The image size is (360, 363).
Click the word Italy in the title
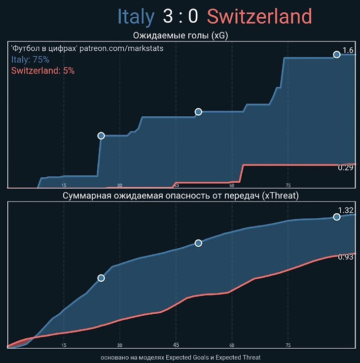136,17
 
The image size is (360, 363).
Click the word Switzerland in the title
260,17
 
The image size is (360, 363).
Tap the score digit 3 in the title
168,17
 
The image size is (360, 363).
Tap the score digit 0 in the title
193,17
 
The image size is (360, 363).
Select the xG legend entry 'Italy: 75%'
30,60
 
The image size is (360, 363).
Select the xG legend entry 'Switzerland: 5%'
42,70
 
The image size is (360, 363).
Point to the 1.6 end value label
348,51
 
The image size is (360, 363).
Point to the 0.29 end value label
345,168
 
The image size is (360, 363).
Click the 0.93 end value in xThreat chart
345,257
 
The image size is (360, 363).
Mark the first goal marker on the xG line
101,135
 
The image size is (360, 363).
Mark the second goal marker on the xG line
198,112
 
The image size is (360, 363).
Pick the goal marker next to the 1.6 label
337,55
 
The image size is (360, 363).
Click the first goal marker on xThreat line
101,278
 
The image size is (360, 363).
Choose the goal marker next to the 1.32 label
337,217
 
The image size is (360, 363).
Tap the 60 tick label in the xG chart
232,185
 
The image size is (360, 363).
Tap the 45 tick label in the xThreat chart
176,345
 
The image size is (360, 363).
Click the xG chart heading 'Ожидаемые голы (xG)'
180,35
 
